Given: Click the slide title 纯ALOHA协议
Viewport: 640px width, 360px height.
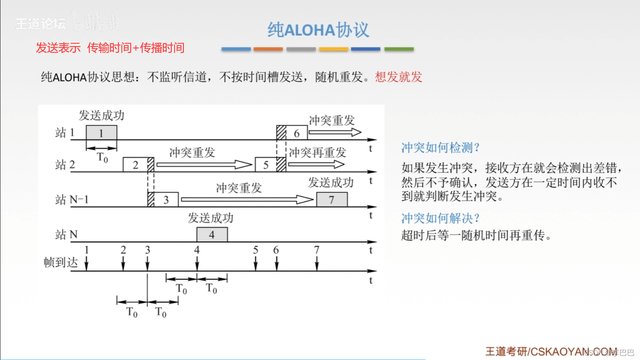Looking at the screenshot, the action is pos(318,30).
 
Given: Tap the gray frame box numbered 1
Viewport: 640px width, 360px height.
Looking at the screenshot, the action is pos(101,133).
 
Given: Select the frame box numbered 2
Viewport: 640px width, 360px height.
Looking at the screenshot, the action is pos(135,165).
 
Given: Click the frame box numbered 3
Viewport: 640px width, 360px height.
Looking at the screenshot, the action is pos(166,200).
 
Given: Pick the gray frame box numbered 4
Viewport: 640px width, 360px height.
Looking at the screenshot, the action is pos(212,235).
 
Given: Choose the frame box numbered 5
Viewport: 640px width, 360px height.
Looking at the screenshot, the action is pos(266,165).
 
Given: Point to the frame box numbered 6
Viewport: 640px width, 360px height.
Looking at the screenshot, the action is pos(296,133).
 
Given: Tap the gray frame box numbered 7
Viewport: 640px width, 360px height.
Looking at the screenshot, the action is pos(332,200).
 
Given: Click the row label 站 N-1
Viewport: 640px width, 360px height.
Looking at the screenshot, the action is pos(72,199).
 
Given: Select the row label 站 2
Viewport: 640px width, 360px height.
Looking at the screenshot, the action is pos(65,165).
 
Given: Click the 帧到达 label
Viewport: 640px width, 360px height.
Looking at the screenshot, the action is pos(61,262).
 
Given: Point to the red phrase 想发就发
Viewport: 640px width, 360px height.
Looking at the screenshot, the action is pos(399,77).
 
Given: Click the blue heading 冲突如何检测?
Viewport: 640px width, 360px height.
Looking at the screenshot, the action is pos(440,148).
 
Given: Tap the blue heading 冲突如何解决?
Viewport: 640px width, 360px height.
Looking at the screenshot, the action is pos(440,218).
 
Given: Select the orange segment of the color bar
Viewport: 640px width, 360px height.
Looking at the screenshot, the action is pos(268,49).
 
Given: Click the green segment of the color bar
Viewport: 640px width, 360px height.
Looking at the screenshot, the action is pos(399,49).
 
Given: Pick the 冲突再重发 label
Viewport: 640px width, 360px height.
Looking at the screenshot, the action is pos(318,153).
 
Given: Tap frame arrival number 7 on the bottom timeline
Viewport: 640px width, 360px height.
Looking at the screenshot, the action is pos(317,250).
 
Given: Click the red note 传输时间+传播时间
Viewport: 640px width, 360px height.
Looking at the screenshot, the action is pos(136,48).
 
